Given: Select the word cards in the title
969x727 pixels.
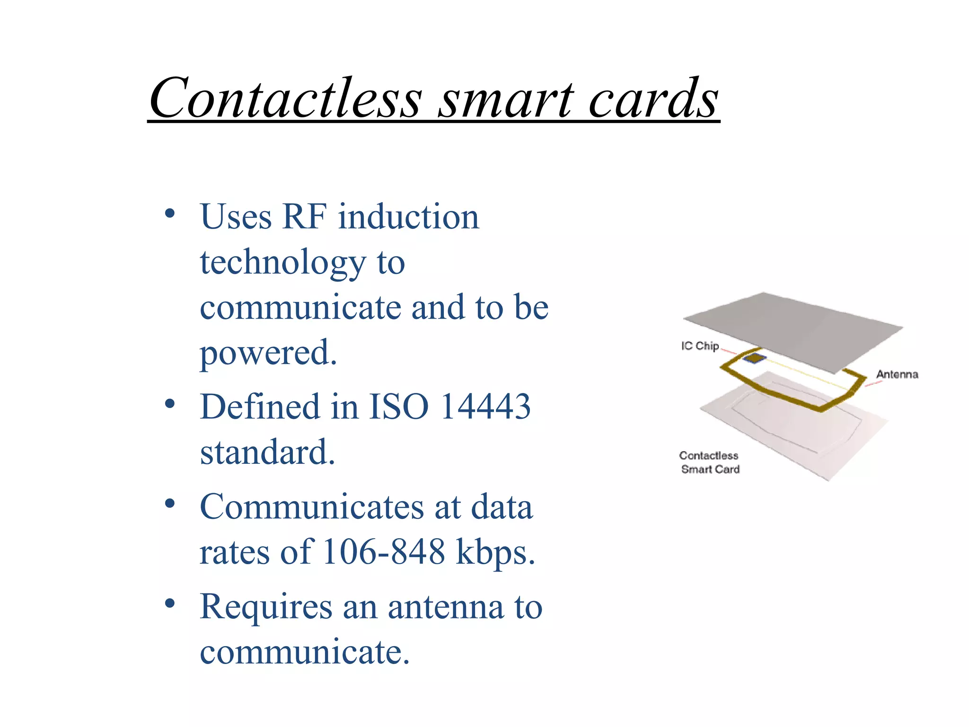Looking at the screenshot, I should (653, 99).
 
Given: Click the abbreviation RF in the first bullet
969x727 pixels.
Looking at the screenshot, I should (304, 217).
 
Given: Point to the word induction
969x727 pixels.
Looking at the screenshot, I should (408, 217).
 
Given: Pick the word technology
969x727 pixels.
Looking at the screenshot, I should (283, 263).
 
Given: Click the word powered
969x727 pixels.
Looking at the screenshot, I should (268, 353).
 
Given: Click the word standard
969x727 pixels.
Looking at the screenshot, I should (267, 452).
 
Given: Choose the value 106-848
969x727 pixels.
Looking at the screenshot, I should (383, 552).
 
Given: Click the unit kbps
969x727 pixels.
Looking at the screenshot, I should (495, 553).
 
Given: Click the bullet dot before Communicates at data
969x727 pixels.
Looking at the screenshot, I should (170, 504).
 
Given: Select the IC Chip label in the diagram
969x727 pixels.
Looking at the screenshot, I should (700, 346).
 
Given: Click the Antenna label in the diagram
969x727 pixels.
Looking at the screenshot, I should (897, 374).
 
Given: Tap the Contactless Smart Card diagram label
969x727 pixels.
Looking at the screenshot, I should (709, 462).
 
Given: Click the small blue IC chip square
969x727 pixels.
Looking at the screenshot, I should (754, 358).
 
